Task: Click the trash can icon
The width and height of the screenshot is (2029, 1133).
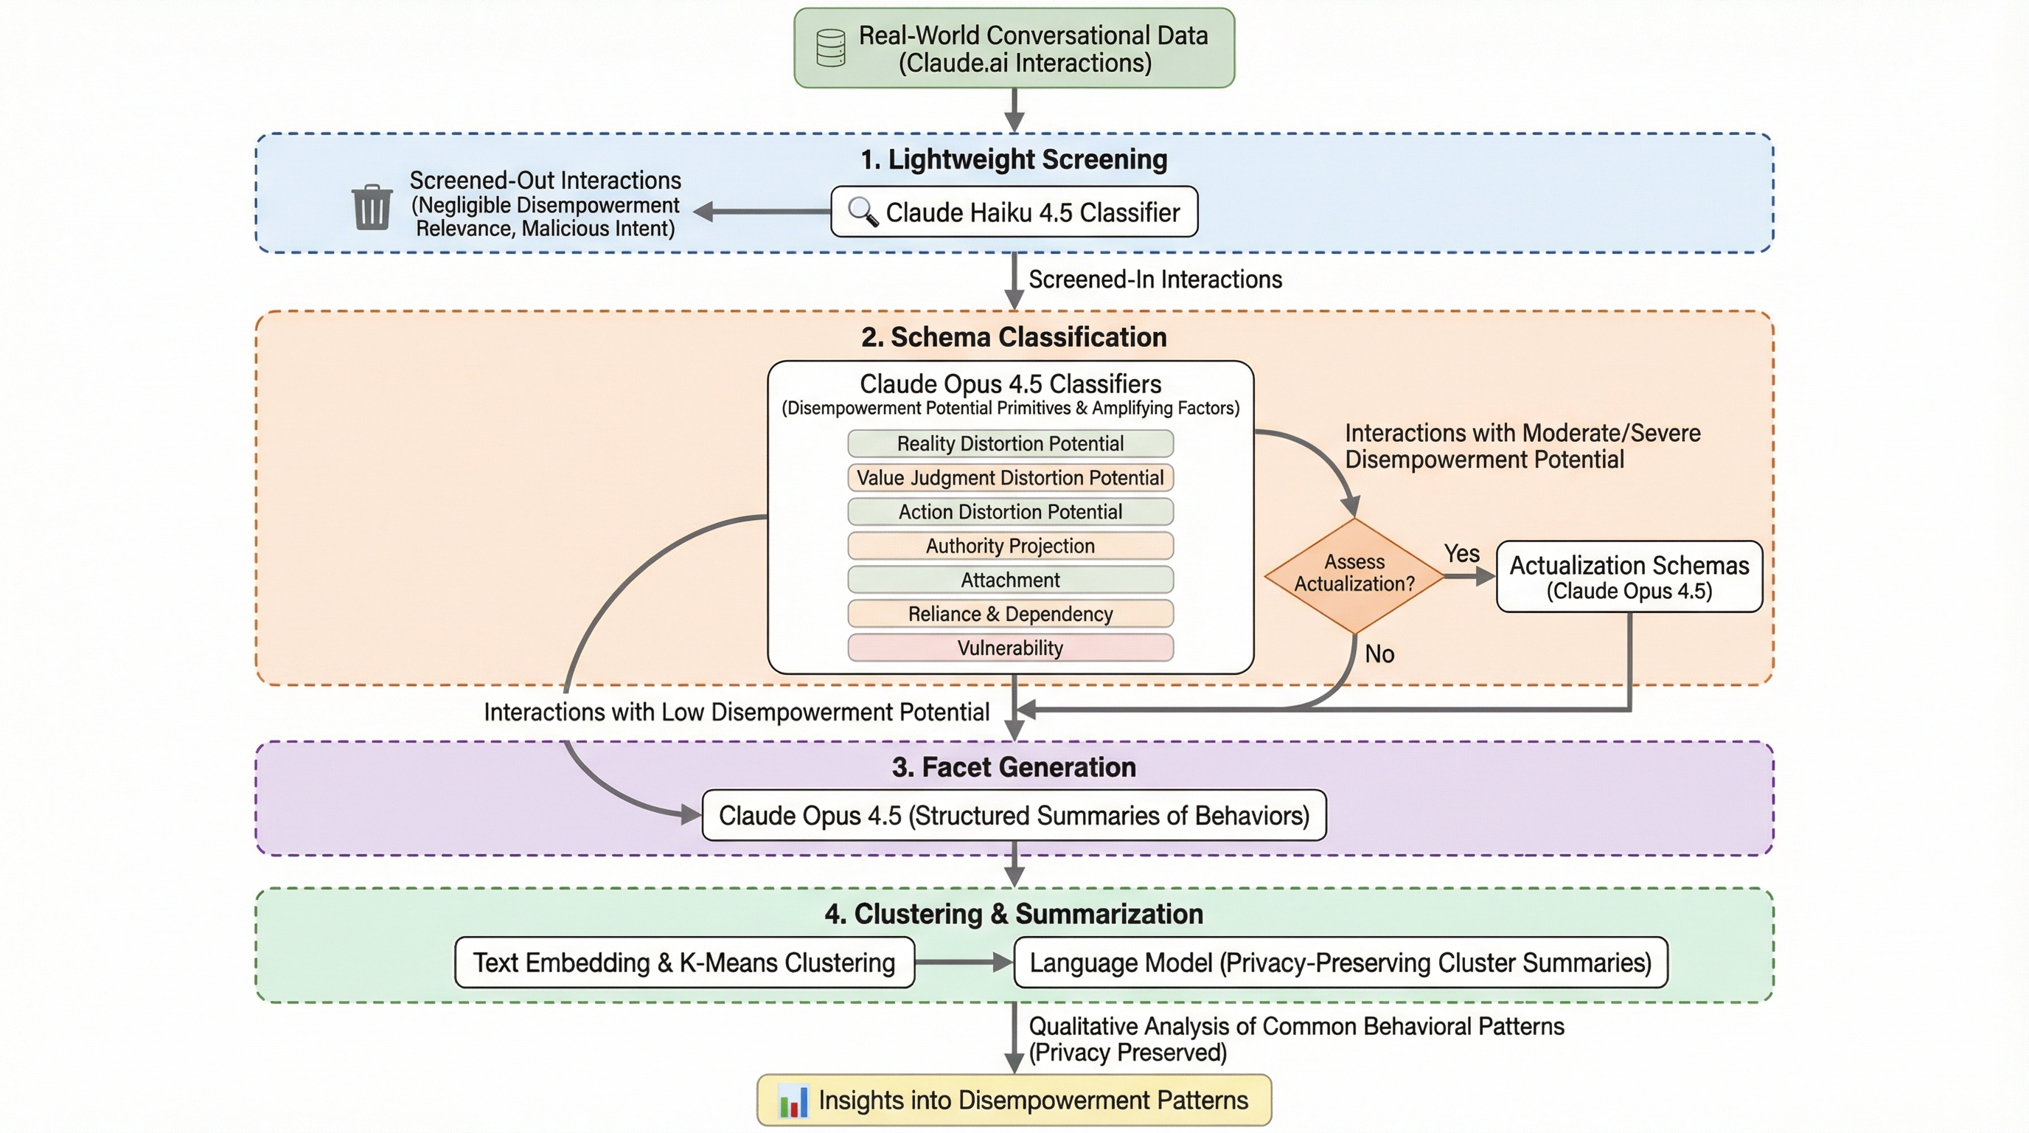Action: coord(372,207)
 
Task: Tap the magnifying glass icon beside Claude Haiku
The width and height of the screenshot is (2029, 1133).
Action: coord(862,212)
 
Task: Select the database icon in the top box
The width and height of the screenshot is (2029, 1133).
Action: coord(831,48)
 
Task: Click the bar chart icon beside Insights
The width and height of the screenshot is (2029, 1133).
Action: coord(793,1101)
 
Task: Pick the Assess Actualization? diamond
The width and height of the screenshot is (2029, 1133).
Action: coord(1354,575)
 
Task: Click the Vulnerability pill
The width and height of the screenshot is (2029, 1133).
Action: coord(1010,648)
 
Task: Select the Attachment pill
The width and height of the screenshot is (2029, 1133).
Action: coord(1010,580)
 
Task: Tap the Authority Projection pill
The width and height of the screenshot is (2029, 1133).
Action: coord(1010,546)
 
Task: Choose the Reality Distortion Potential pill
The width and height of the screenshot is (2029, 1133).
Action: coord(1010,443)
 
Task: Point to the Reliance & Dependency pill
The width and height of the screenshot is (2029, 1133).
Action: coord(1010,614)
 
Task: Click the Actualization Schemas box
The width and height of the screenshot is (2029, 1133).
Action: coord(1628,577)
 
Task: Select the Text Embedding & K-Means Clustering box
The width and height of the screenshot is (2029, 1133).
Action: coord(683,962)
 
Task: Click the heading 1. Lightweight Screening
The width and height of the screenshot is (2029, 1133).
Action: coord(1014,159)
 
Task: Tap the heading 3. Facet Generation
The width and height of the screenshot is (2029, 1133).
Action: coord(1014,766)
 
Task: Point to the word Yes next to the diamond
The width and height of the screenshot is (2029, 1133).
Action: coord(1461,553)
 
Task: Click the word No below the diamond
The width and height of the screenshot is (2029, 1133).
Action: coord(1379,654)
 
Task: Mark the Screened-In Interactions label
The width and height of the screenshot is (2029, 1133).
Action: coord(1155,280)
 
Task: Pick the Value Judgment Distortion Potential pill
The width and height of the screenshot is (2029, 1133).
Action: coord(1010,477)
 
